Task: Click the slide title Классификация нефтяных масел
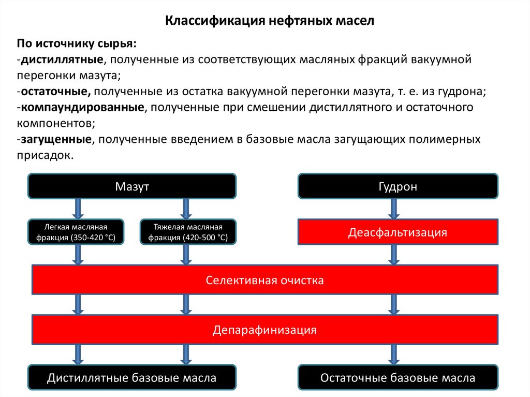[x=269, y=21]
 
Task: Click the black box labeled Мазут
[x=132, y=186]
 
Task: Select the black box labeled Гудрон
[x=397, y=186]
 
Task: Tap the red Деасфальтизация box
[x=397, y=232]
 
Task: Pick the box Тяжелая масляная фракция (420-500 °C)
[x=188, y=232]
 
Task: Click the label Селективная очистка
[x=265, y=281]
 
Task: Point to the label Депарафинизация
[x=265, y=330]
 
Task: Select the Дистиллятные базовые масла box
[x=132, y=378]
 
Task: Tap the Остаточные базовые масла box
[x=397, y=378]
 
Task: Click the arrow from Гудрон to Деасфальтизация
[x=393, y=209]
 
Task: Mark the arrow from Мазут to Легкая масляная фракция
[x=78, y=209]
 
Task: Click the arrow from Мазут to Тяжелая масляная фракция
[x=186, y=209]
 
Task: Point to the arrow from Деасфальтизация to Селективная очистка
[x=393, y=255]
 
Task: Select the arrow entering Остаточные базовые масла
[x=393, y=355]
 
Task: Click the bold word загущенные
[x=55, y=140]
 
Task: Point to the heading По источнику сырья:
[x=78, y=43]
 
